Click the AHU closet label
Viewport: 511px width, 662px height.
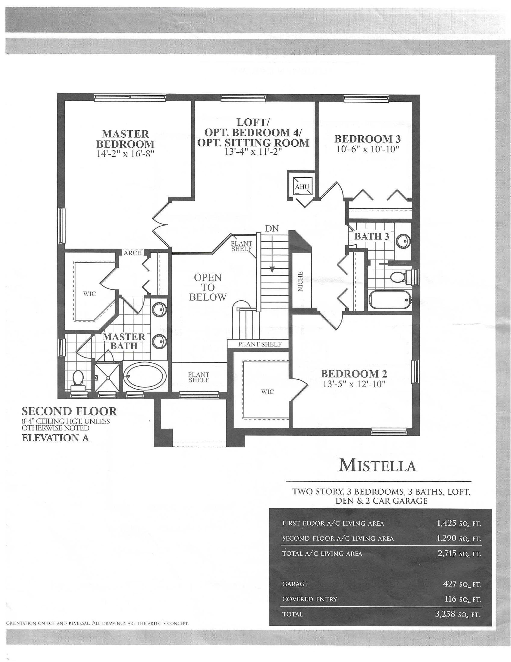[302, 187]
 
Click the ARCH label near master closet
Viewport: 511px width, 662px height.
[132, 253]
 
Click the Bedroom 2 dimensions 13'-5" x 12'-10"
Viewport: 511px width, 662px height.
[354, 384]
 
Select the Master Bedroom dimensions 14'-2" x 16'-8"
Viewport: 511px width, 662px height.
[125, 154]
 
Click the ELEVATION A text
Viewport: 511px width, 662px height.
[55, 438]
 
